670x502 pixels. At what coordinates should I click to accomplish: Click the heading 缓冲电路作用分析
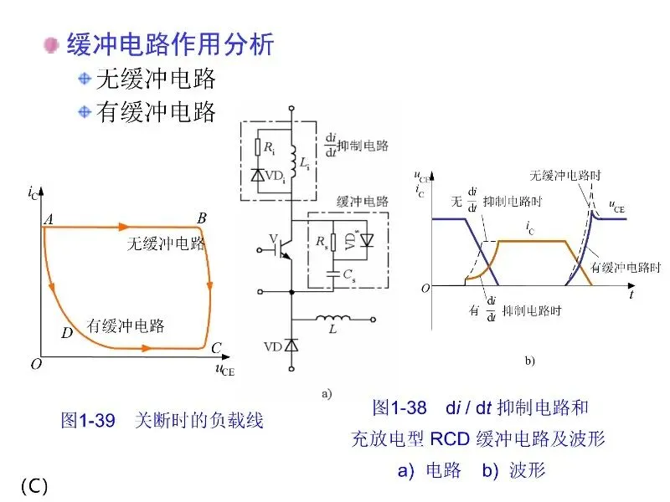tap(170, 44)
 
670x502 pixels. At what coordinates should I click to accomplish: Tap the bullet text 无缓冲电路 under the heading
tap(157, 79)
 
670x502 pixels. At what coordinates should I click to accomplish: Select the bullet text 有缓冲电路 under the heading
tap(157, 111)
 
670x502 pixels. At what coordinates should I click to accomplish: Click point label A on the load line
tap(49, 219)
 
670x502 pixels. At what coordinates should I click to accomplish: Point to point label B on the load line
tap(202, 218)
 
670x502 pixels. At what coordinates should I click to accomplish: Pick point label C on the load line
tap(216, 348)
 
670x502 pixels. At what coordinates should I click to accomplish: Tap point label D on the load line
tap(67, 333)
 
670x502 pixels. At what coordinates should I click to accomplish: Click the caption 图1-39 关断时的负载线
tap(162, 420)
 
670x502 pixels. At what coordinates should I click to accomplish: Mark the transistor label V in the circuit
tap(272, 239)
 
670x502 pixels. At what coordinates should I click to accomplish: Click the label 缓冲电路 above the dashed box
tap(363, 202)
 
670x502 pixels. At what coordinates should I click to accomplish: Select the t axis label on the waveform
tap(631, 295)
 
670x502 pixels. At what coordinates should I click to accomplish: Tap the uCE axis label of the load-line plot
tap(225, 369)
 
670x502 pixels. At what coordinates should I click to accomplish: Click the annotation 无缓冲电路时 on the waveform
tap(564, 176)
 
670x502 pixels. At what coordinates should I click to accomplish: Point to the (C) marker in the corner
tap(34, 486)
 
